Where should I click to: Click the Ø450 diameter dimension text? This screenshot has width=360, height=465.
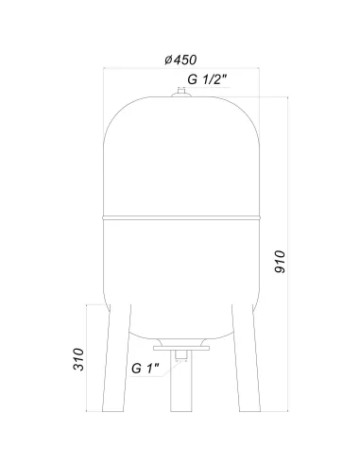pos(180,60)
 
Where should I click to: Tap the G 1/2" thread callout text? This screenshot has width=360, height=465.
pos(207,79)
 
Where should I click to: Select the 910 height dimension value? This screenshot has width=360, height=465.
pos(280,262)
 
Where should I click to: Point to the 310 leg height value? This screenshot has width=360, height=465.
pos(78,359)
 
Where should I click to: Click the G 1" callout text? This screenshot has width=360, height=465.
pos(145,368)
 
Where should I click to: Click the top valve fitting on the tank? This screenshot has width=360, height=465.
pos(181,93)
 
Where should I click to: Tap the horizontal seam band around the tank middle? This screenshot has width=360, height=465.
pos(181,217)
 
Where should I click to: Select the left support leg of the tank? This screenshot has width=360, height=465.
pos(117,358)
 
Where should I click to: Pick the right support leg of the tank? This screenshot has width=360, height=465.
pos(247,358)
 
